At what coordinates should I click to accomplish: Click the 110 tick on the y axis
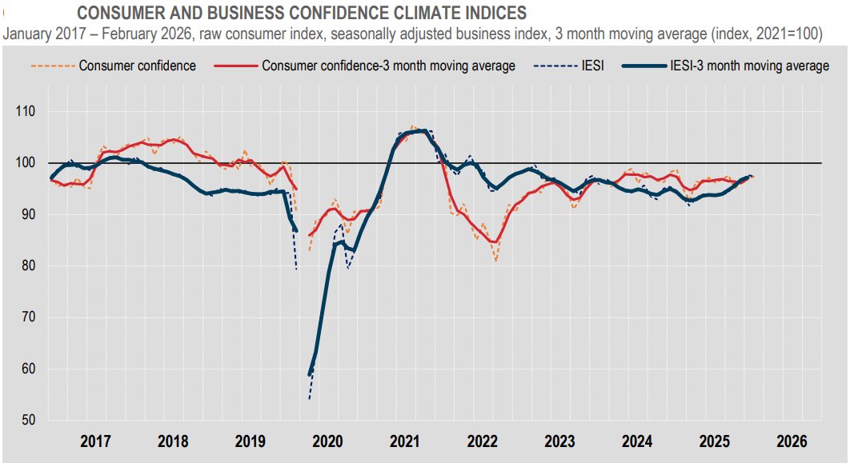tap(26, 112)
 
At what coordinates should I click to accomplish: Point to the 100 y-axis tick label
tap(26, 163)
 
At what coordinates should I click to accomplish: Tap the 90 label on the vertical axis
tap(28, 214)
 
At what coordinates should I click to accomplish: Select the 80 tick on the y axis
tap(28, 266)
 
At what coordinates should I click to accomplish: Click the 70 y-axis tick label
tap(28, 317)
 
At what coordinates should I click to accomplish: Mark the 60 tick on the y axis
tap(28, 369)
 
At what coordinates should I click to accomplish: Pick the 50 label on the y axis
tap(28, 421)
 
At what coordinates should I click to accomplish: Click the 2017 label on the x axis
tap(95, 441)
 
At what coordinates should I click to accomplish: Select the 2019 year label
tap(251, 441)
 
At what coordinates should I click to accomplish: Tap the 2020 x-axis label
tap(327, 441)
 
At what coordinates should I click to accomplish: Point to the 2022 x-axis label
tap(483, 441)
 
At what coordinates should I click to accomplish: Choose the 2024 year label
tap(637, 441)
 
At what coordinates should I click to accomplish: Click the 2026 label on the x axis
tap(792, 441)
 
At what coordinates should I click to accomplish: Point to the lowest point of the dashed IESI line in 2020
tap(310, 398)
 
